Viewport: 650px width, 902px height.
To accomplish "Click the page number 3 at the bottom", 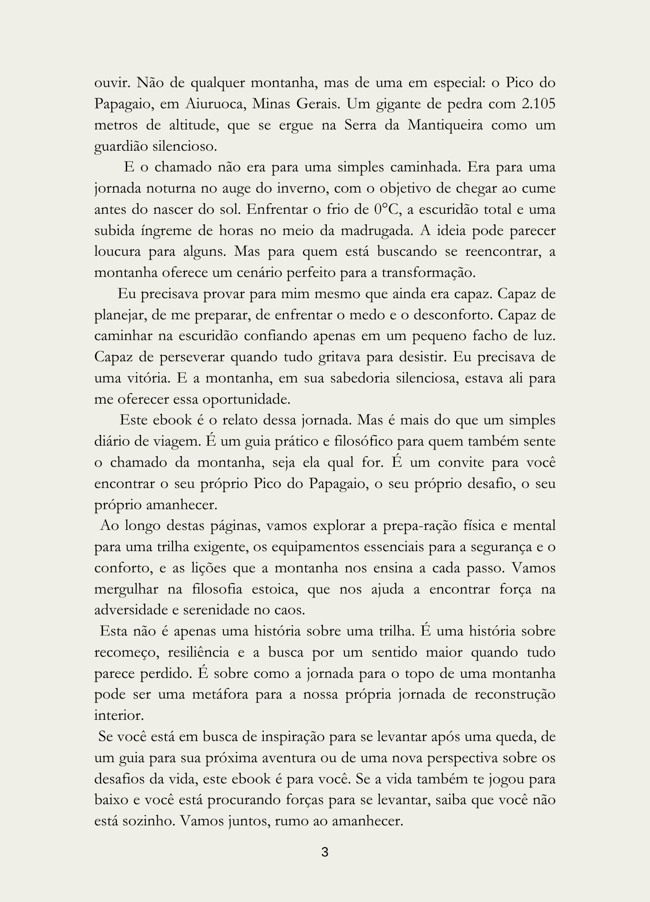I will [x=325, y=853].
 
